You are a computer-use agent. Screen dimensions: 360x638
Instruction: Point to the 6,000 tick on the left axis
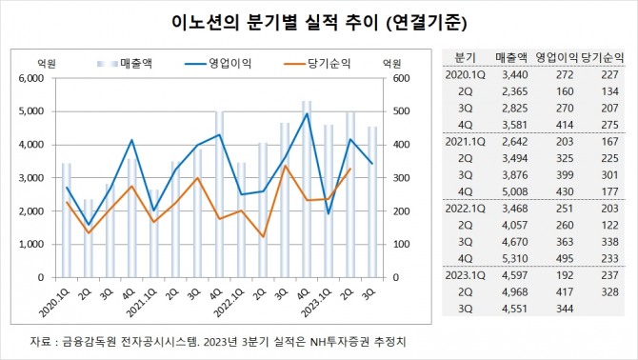(x=34, y=78)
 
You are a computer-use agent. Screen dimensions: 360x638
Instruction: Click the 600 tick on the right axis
(x=390, y=78)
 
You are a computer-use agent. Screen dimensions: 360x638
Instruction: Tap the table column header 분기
(x=466, y=56)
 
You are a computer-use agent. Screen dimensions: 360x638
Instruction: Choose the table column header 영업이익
(x=557, y=56)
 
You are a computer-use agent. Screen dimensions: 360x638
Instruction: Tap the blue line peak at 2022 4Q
(x=307, y=113)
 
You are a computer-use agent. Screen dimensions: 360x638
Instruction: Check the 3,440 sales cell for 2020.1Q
(x=512, y=74)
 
